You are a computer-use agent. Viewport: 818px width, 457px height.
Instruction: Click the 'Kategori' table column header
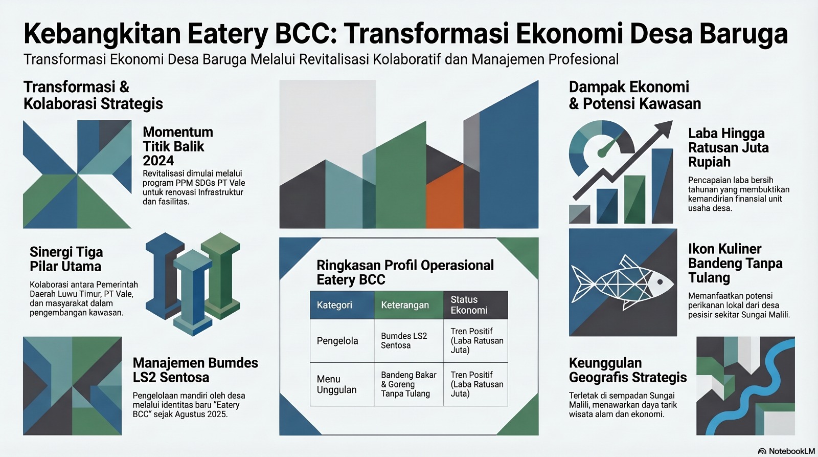342,305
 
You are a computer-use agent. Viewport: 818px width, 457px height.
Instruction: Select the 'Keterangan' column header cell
408,305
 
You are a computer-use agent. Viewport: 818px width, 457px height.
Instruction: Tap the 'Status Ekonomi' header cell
475,305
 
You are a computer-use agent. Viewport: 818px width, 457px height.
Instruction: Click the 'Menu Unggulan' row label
336,384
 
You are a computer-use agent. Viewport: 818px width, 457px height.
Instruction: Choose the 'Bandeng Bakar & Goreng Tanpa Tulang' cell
408,384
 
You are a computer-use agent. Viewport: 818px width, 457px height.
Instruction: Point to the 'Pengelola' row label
337,341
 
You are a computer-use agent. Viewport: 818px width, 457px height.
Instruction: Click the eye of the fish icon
660,282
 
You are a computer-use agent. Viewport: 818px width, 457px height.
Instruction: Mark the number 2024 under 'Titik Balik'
158,161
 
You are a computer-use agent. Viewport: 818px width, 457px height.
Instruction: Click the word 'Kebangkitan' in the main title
103,34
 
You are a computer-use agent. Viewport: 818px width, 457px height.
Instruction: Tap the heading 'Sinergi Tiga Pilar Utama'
66,259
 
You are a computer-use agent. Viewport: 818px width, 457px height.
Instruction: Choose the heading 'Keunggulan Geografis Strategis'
628,370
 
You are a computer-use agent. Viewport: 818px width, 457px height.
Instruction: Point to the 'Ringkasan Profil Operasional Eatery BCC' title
405,272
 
